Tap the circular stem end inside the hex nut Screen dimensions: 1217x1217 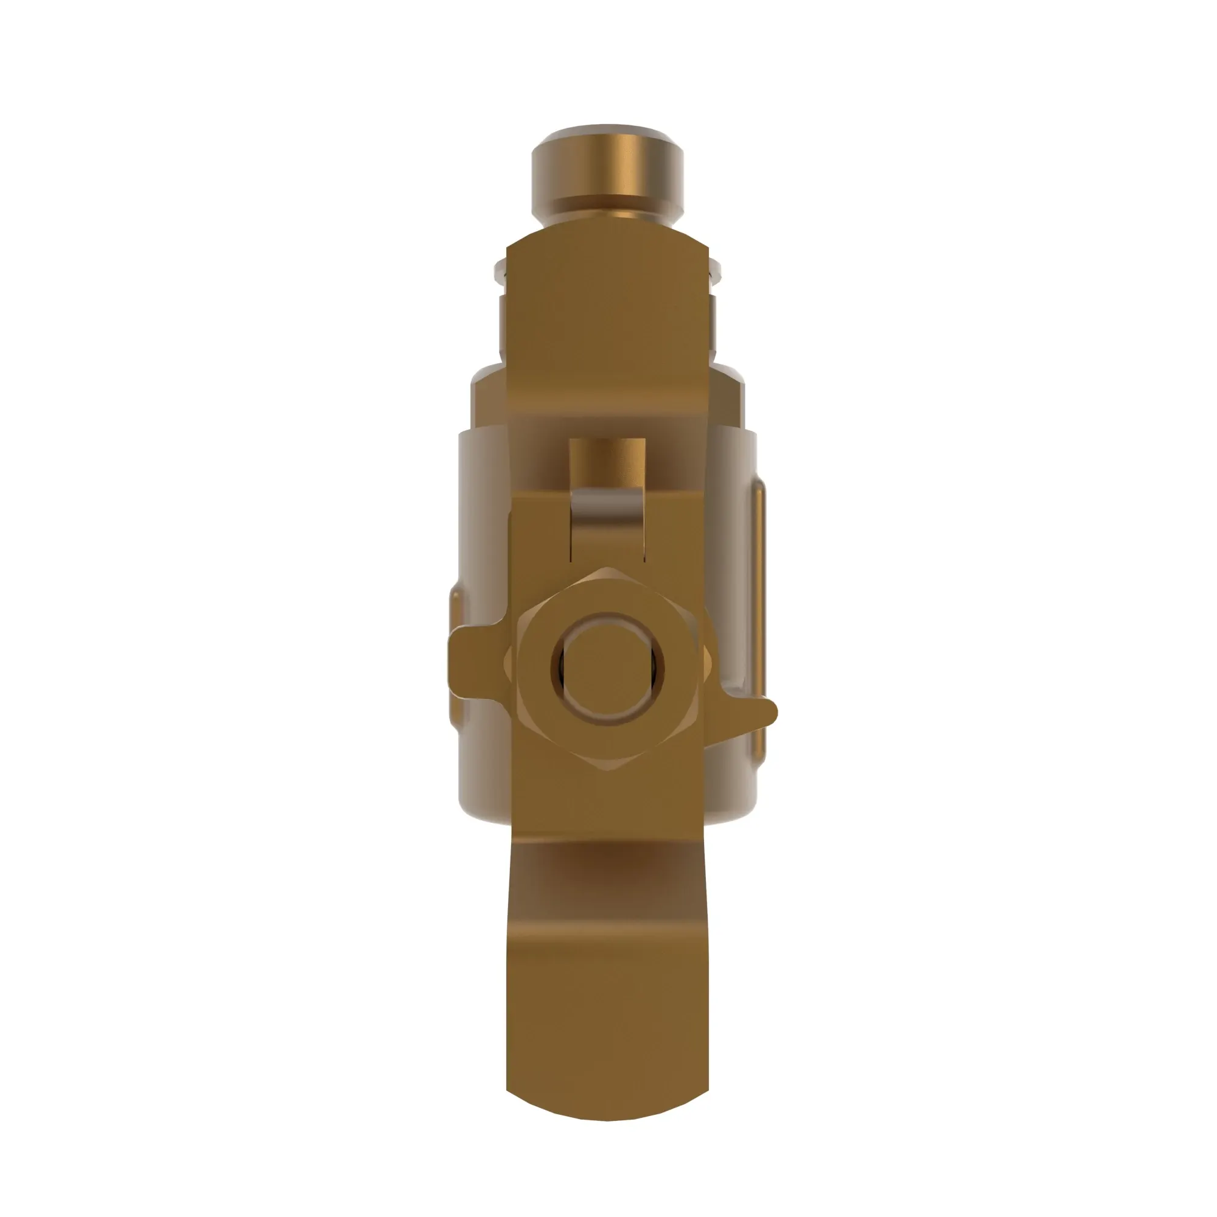point(607,668)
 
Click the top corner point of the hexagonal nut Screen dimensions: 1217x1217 point(607,568)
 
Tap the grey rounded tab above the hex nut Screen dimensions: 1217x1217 point(607,517)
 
